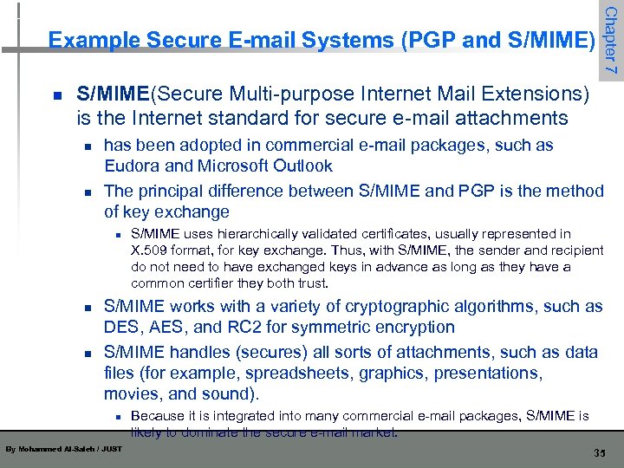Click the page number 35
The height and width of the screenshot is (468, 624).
point(598,453)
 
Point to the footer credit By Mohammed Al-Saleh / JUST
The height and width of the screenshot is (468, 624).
point(63,449)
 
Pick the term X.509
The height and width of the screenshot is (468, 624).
point(151,250)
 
